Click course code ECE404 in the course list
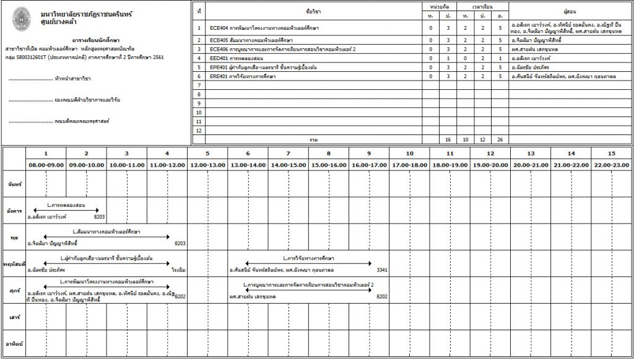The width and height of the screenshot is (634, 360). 219,29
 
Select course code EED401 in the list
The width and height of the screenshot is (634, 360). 219,58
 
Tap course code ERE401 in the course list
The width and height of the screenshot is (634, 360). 219,76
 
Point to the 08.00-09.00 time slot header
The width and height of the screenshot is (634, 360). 46,165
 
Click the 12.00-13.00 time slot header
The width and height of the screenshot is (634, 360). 207,165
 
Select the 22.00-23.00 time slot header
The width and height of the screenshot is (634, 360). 611,165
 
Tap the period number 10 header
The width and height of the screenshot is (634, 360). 409,153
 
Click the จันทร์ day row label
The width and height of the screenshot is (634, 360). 14,185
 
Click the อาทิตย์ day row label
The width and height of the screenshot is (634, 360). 14,343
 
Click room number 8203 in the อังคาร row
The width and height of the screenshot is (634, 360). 99,217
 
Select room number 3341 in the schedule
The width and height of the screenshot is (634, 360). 382,270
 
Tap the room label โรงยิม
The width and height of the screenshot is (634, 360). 178,270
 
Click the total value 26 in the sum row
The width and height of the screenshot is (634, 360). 500,140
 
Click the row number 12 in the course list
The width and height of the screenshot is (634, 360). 199,131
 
